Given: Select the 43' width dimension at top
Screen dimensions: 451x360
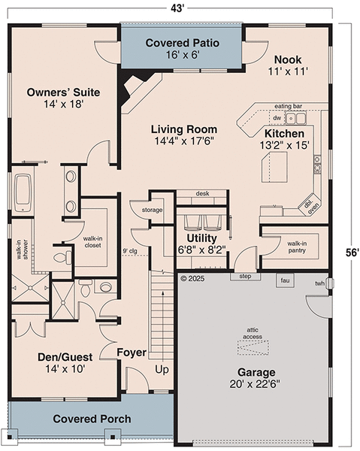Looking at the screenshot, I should (x=180, y=8).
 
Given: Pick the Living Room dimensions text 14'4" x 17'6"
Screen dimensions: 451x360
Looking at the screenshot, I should (x=184, y=141).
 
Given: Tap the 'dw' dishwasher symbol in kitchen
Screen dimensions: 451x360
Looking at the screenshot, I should (x=277, y=118).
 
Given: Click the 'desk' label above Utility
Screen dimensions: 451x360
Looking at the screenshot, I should (x=202, y=193).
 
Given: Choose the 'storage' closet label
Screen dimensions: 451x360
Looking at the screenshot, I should (x=152, y=210).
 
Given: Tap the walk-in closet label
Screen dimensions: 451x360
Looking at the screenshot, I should (x=93, y=241).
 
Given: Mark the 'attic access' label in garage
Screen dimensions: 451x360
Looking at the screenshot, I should (x=252, y=333).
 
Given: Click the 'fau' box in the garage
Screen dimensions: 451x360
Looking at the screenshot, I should (x=285, y=280).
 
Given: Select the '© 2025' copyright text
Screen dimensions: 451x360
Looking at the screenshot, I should (x=193, y=278).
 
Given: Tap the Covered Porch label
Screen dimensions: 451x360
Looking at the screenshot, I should (x=92, y=419).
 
